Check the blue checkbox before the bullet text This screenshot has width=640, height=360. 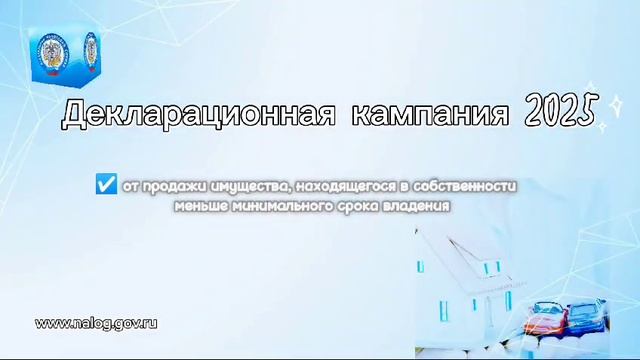[105, 185]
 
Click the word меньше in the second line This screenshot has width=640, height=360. [194, 205]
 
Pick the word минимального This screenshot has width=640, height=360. [266, 205]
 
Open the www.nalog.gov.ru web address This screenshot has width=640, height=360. [97, 324]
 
